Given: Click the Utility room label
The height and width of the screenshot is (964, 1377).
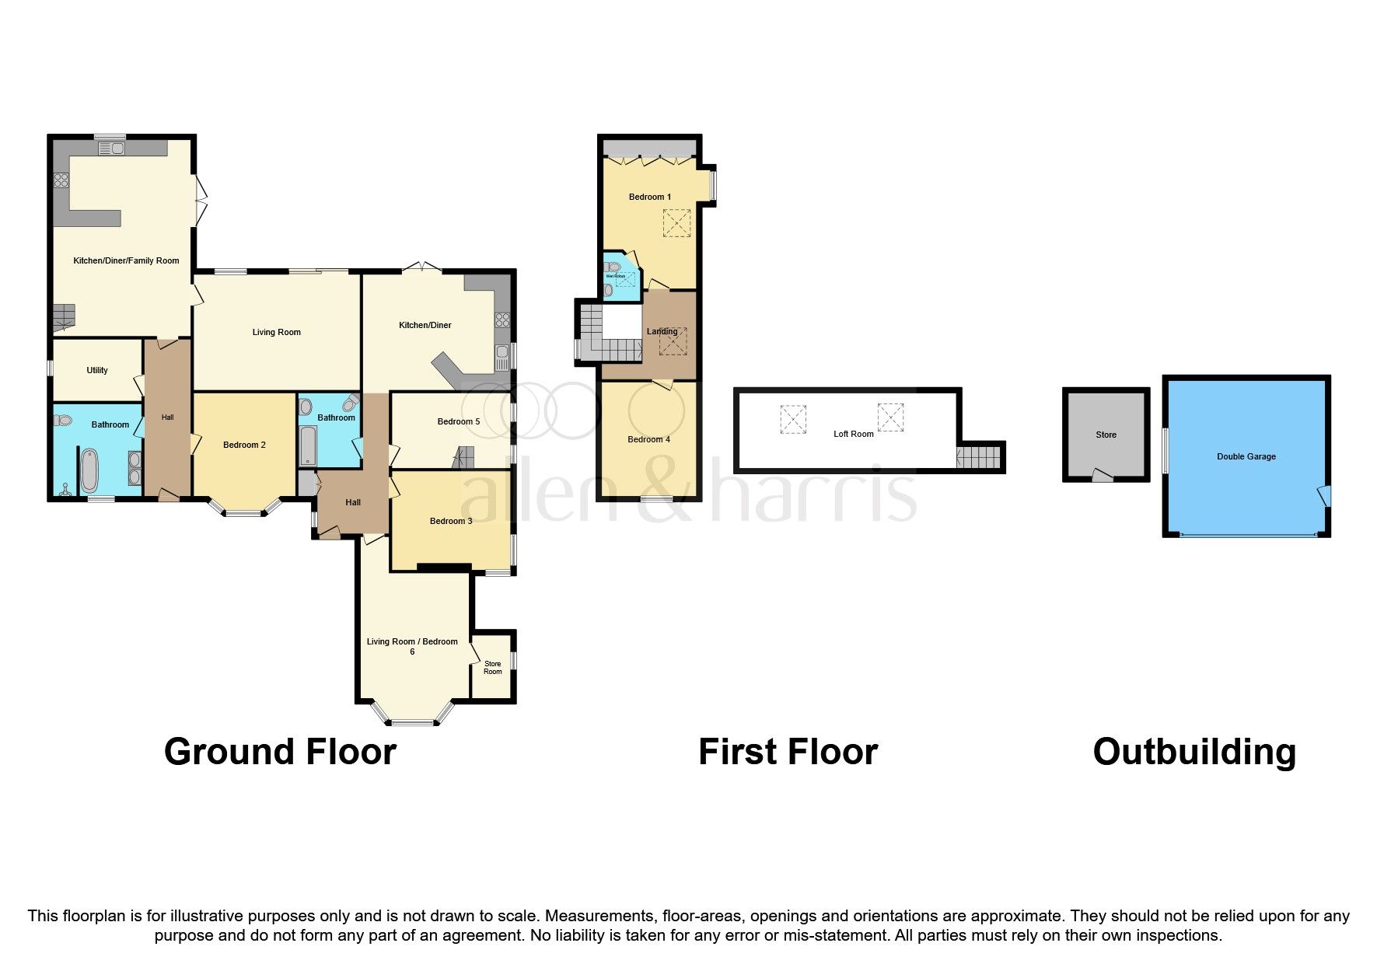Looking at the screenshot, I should point(97,371).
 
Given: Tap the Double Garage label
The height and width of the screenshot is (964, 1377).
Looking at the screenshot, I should point(1246,457).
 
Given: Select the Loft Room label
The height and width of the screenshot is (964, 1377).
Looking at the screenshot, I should point(853,435).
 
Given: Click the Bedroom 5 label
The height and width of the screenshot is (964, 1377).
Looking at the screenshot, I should point(458,422).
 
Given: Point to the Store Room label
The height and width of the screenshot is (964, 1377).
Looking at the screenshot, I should point(492,668).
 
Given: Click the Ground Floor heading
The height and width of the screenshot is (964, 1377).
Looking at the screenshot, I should point(280,753).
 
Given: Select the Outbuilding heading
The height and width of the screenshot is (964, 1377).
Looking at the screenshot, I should point(1194,753).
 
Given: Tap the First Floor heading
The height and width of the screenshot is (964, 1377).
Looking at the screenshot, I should point(788,753).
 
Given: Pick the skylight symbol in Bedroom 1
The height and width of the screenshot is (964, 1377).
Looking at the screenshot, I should point(676,225).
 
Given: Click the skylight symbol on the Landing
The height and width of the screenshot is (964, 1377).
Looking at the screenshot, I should point(662,341).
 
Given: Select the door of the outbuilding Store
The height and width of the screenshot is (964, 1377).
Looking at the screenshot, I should point(1102,475).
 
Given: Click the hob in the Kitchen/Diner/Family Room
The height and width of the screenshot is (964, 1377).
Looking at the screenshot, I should point(61,180).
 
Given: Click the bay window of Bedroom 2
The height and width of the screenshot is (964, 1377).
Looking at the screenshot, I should point(245,511).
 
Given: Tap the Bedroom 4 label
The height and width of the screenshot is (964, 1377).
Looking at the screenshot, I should point(648,440).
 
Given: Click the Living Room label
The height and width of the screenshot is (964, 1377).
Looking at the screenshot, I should point(276,333).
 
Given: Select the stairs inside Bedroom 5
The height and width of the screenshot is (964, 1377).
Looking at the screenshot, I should point(464,457).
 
